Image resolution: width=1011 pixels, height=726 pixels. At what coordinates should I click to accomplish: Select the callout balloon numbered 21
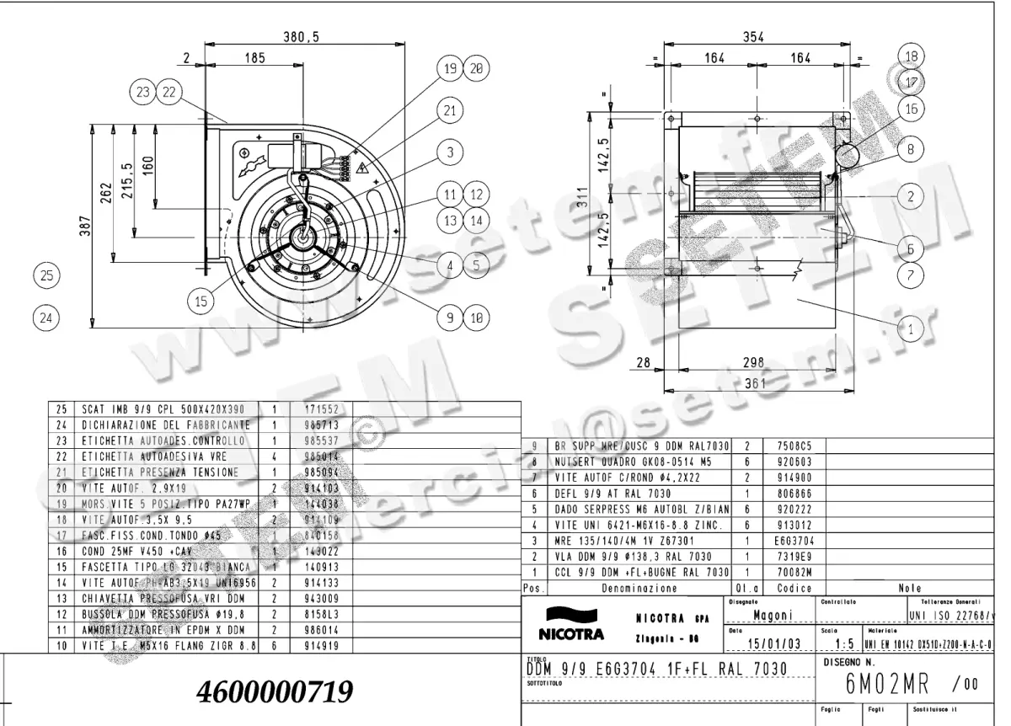point(451,109)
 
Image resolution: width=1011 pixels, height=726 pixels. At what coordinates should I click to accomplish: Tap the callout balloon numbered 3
point(451,152)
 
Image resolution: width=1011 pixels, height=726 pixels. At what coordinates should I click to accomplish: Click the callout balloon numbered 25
point(47,275)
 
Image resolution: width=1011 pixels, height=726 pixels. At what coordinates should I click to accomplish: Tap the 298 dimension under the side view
point(754,362)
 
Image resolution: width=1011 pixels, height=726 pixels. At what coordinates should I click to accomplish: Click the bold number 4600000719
point(274,692)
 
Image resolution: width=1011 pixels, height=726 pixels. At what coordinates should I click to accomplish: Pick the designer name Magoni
point(773,616)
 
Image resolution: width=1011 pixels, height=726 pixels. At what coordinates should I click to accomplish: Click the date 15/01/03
point(773,644)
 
